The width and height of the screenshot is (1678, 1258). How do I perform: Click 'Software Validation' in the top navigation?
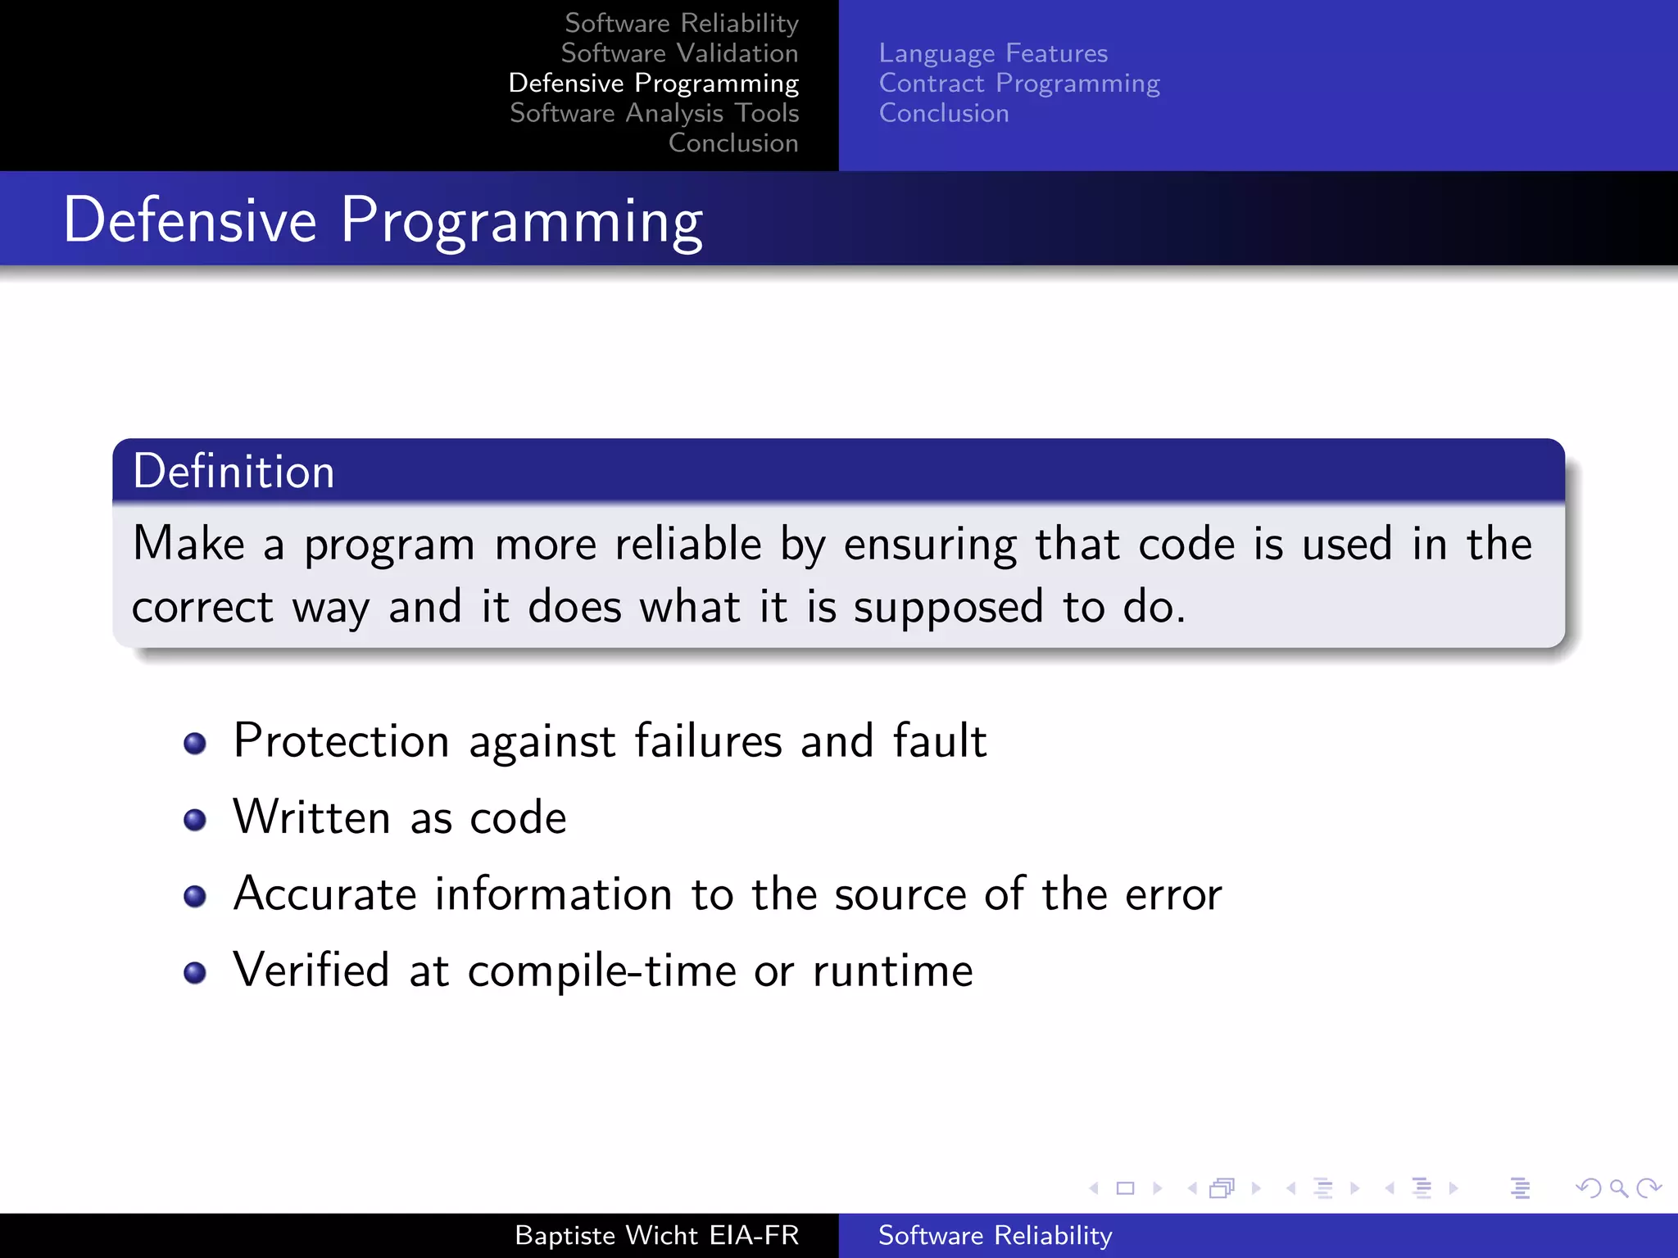pyautogui.click(x=679, y=53)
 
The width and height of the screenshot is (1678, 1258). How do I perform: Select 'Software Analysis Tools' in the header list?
pyautogui.click(x=654, y=113)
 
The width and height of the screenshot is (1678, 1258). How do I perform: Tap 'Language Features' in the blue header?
pyautogui.click(x=993, y=53)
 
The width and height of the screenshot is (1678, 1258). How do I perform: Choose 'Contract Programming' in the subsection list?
pyautogui.click(x=1019, y=84)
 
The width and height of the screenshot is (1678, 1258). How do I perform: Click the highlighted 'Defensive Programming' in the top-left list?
pyautogui.click(x=653, y=84)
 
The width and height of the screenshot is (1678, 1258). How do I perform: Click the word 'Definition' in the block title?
pyautogui.click(x=234, y=472)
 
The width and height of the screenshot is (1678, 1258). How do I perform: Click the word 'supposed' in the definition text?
pyautogui.click(x=948, y=608)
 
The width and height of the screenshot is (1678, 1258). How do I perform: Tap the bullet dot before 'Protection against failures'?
pyautogui.click(x=195, y=744)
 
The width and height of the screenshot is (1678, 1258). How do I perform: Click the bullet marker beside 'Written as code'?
pyautogui.click(x=195, y=820)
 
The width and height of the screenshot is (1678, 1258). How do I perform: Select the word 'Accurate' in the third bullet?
pyautogui.click(x=324, y=894)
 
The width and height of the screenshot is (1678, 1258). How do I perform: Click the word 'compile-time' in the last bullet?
pyautogui.click(x=601, y=972)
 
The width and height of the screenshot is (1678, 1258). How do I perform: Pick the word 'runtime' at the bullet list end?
pyautogui.click(x=892, y=971)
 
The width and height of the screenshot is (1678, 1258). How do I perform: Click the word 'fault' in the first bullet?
pyautogui.click(x=939, y=740)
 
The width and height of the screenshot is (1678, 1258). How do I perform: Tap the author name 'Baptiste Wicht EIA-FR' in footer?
pyautogui.click(x=656, y=1235)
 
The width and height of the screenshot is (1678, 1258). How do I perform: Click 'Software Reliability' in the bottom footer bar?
pyautogui.click(x=995, y=1235)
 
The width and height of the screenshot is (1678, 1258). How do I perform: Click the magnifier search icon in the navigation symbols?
pyautogui.click(x=1618, y=1188)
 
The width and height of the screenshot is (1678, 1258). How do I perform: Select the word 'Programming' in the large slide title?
pyautogui.click(x=521, y=221)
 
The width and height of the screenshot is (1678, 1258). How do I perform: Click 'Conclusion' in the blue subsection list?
pyautogui.click(x=944, y=113)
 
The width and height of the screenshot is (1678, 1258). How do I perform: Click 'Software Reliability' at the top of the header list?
pyautogui.click(x=682, y=23)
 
